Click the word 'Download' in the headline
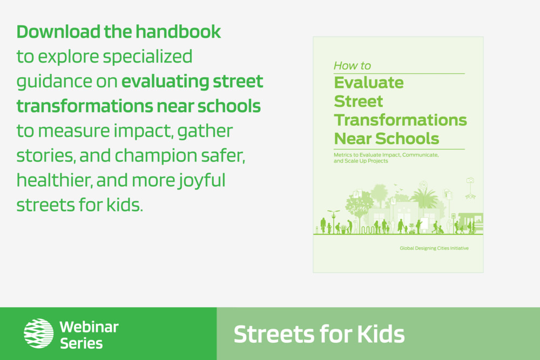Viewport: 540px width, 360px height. tap(58, 32)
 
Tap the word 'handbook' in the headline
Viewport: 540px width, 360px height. tap(178, 32)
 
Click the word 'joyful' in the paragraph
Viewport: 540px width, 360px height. tap(201, 181)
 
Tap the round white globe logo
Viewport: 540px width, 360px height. tap(38, 333)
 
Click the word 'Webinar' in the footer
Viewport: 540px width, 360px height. tap(89, 327)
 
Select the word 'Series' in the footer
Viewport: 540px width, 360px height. tap(82, 343)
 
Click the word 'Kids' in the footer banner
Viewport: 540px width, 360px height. tap(381, 334)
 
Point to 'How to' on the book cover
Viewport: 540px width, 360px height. tap(352, 65)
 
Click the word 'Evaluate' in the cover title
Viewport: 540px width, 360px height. tap(369, 83)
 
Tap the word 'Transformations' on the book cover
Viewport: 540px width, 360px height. tap(401, 120)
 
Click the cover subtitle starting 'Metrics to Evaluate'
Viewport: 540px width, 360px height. tap(386, 158)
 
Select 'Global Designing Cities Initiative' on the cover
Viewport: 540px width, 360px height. tap(434, 248)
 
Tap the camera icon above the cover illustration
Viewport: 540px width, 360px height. tap(470, 180)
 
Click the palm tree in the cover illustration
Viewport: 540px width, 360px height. tap(425, 198)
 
